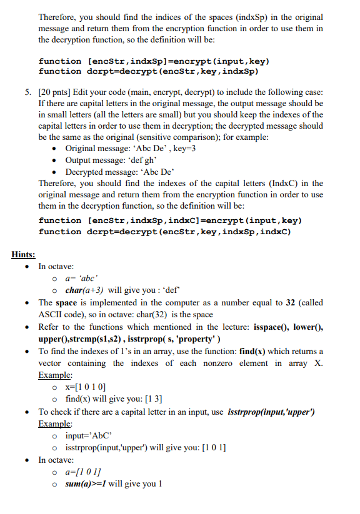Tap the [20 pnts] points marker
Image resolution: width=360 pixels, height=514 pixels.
click(x=57, y=92)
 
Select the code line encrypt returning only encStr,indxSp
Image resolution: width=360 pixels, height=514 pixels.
click(x=154, y=61)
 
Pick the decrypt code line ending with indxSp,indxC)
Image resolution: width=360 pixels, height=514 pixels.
click(x=165, y=232)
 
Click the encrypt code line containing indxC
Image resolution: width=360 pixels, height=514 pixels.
click(x=170, y=220)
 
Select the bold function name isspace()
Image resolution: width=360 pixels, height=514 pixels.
click(x=273, y=327)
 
